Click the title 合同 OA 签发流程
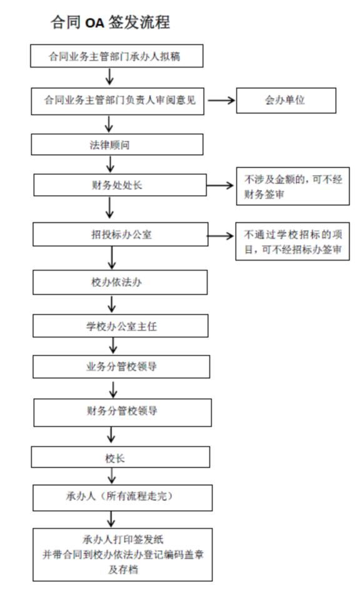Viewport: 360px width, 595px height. (111, 22)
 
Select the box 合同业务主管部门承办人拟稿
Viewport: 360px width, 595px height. (117, 56)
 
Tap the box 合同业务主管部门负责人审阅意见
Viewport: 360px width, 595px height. (117, 101)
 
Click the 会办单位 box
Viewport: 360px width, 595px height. (286, 101)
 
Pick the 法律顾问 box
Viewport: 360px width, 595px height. (117, 144)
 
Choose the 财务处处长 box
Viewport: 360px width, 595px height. (120, 185)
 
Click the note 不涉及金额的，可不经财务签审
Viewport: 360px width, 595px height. (293, 186)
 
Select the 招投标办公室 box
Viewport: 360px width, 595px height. (121, 234)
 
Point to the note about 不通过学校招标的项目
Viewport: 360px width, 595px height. (292, 241)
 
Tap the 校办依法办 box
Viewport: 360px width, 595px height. (120, 282)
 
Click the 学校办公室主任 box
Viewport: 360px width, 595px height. (121, 326)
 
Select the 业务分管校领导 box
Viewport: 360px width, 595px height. (121, 366)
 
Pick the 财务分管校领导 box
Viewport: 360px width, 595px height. (122, 412)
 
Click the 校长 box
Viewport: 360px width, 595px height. (121, 457)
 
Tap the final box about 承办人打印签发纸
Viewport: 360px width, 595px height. (122, 555)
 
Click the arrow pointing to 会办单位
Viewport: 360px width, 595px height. (221, 101)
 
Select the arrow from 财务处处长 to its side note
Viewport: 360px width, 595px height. (220, 185)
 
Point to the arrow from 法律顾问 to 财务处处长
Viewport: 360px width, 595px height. (110, 164)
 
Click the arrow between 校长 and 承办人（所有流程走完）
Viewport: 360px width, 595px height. (111, 476)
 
